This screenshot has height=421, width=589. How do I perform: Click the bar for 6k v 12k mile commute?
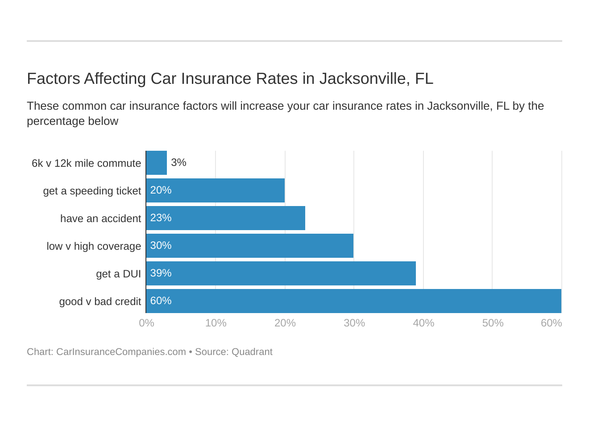[x=157, y=163]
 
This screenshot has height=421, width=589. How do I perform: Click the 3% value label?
[x=178, y=163]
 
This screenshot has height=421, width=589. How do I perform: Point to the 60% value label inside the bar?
[x=161, y=301]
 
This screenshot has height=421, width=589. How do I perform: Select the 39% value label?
[x=161, y=273]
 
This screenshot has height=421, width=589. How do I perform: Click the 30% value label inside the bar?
[x=161, y=246]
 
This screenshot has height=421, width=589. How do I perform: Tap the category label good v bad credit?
[x=100, y=302]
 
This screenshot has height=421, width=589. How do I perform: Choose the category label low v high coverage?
[x=94, y=247]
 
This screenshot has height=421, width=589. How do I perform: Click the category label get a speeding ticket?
[x=92, y=191]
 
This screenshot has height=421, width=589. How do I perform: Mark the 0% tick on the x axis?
[x=146, y=323]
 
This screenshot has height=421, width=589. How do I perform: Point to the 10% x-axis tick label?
[x=216, y=323]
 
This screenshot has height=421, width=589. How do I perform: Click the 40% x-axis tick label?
[x=423, y=323]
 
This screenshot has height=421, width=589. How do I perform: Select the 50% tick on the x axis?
[x=493, y=323]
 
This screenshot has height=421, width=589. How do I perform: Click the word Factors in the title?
[x=53, y=79]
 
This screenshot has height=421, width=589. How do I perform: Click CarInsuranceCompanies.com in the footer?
[x=121, y=352]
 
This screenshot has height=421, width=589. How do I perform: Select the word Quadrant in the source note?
[x=252, y=352]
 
